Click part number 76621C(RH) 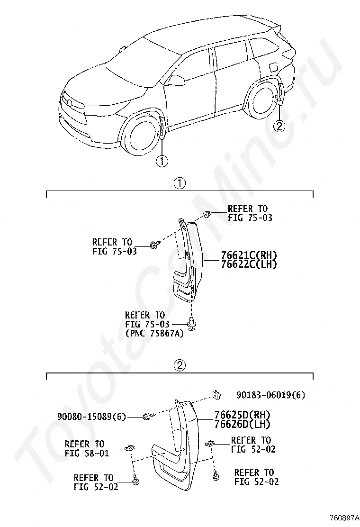click(x=249, y=255)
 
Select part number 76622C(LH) click(x=249, y=264)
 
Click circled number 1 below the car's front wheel click(x=162, y=161)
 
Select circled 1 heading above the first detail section click(x=180, y=183)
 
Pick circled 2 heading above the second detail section click(x=180, y=365)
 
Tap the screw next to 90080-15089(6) click(x=147, y=417)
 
